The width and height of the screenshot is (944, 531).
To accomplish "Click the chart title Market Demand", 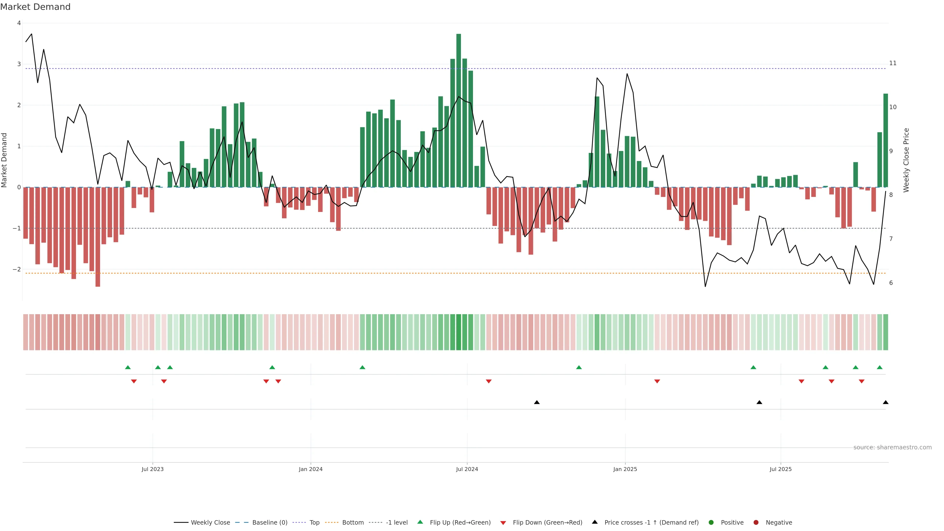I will (35, 7).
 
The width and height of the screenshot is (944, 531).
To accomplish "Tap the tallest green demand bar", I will (458, 110).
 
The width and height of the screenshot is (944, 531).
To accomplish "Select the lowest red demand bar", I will (98, 237).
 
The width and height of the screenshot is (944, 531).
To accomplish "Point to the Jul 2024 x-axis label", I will (467, 469).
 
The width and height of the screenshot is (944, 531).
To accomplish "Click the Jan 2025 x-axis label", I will (625, 469).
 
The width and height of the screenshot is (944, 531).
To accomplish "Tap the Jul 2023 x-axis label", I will (152, 469).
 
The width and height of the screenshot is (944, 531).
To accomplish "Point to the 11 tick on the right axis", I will (893, 63).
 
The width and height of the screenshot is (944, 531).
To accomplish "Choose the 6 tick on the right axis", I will (891, 283).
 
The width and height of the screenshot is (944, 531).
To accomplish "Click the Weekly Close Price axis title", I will (906, 160).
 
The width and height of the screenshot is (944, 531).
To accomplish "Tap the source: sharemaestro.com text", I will (892, 447).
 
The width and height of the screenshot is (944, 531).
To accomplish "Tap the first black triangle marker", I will (537, 402).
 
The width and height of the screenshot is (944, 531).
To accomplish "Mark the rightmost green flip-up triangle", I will (880, 367).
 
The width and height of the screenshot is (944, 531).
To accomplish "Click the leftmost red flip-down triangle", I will (134, 382).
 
